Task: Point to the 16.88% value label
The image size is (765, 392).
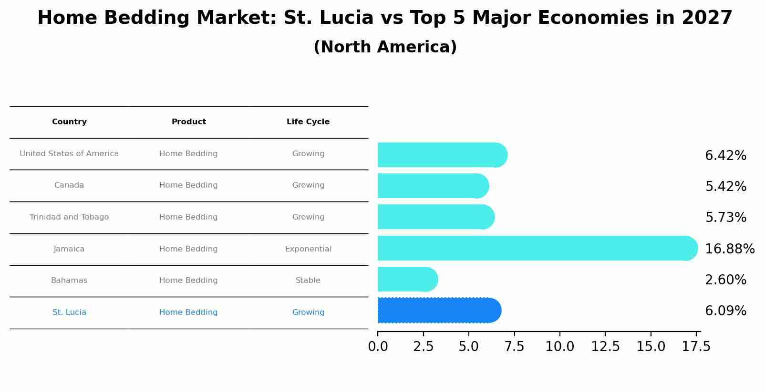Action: [729, 249]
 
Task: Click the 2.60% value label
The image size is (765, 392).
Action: [725, 280]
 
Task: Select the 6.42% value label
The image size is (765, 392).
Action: [725, 156]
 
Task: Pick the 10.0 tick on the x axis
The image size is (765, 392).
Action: [559, 347]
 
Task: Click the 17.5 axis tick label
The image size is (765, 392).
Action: [696, 347]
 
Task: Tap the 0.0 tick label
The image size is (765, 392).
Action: [378, 347]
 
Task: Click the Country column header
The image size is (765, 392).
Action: [69, 122]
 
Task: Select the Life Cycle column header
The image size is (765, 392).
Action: [308, 122]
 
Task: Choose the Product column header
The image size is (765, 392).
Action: [189, 122]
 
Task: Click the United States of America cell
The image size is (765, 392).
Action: [69, 154]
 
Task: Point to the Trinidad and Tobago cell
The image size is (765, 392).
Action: [69, 217]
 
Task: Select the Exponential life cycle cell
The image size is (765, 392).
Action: [308, 249]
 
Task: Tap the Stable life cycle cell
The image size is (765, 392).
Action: [308, 281]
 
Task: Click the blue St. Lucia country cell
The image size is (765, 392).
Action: [69, 312]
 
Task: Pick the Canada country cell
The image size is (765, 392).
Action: [69, 185]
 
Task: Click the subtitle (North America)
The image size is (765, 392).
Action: [385, 47]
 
